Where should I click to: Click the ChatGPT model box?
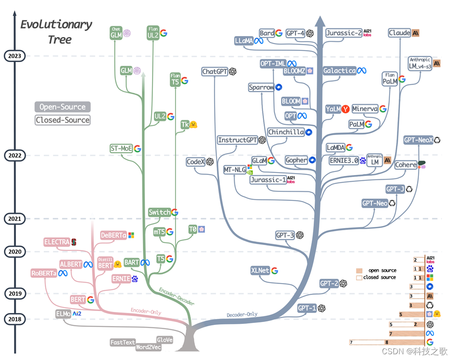215,72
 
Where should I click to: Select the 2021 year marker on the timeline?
14,219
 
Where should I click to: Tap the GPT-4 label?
295,33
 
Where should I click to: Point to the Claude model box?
400,33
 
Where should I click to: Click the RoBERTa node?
43,273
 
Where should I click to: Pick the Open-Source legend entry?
63,107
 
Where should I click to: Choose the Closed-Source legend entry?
63,120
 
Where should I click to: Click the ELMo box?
63,314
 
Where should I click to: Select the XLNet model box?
260,271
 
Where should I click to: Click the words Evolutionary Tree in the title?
56,32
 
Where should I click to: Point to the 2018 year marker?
14,319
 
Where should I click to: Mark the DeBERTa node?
114,236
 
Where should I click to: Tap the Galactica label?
340,71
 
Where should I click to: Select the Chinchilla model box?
286,132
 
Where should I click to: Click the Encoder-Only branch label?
146,311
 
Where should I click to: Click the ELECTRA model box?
57,242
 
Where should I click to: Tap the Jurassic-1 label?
268,180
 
